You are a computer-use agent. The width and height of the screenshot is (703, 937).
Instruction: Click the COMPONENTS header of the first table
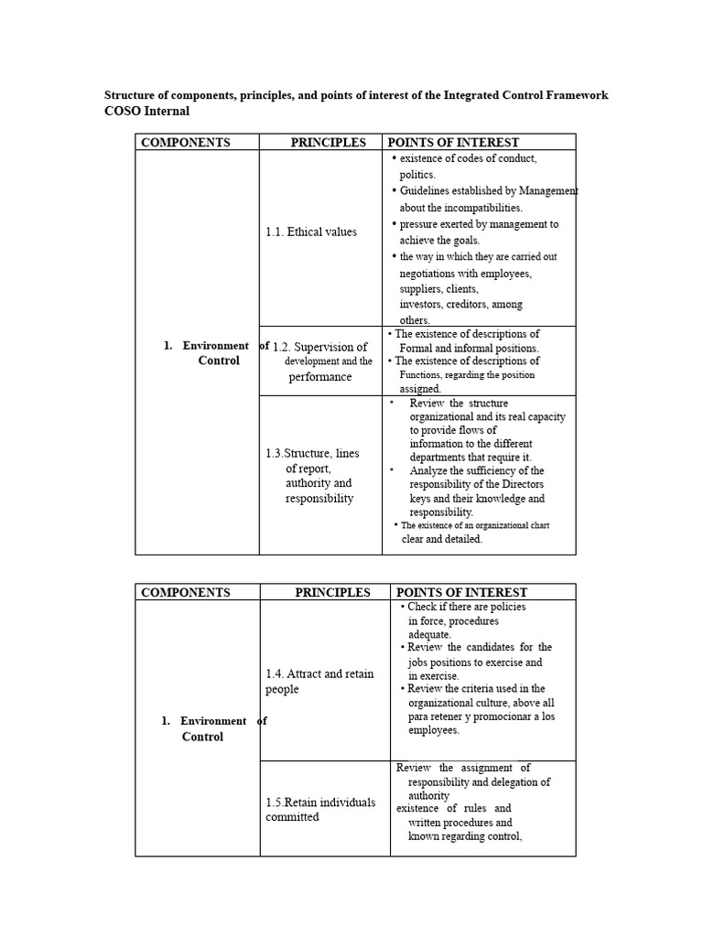[185, 142]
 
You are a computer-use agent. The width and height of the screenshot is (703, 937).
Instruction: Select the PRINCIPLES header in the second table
[332, 592]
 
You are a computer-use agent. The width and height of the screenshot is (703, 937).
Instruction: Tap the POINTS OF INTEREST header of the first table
[453, 142]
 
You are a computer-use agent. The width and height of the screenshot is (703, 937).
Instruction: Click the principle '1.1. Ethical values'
[311, 232]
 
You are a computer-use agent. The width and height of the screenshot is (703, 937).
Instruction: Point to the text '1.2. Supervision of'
[320, 347]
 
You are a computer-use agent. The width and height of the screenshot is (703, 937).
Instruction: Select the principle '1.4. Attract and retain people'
[319, 681]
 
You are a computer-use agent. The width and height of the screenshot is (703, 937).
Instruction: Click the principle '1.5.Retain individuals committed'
[319, 810]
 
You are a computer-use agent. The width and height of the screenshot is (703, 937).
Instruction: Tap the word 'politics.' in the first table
[417, 174]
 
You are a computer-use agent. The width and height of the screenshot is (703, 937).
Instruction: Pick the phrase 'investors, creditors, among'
[460, 304]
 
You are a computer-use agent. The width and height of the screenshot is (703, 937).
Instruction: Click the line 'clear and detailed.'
[441, 539]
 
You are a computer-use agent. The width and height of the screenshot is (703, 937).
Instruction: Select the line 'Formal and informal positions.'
[469, 348]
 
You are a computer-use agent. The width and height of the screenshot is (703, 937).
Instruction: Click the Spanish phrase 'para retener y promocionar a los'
[481, 716]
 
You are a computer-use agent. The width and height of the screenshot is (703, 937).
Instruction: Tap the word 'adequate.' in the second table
[429, 633]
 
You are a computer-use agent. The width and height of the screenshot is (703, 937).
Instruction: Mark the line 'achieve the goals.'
[439, 240]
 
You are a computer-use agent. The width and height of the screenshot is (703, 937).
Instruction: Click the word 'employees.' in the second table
[434, 730]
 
